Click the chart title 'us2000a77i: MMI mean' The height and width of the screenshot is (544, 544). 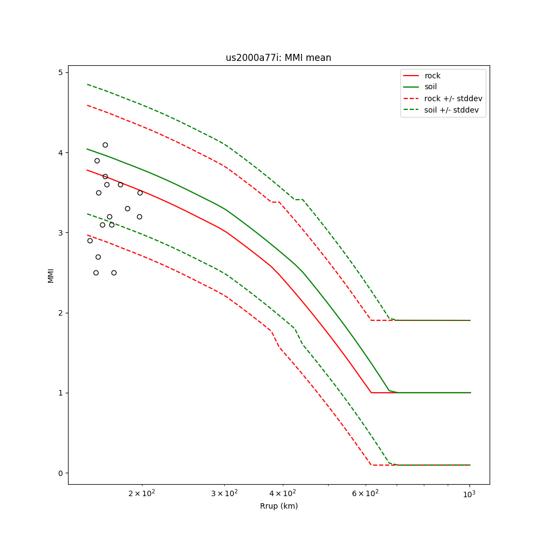(x=279, y=58)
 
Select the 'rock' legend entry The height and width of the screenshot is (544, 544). (x=432, y=76)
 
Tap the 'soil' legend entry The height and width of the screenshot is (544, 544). (x=431, y=86)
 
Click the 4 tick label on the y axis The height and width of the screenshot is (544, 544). (x=61, y=153)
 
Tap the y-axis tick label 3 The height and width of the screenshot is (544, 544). (x=61, y=233)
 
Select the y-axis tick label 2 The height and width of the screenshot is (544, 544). (x=61, y=313)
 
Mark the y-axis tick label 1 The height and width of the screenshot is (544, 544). (x=61, y=393)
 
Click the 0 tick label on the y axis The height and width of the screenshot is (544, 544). (x=61, y=473)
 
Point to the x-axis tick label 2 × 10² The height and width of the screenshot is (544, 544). (x=142, y=493)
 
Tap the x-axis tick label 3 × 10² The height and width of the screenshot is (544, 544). (x=224, y=493)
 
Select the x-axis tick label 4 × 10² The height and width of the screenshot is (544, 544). (x=283, y=493)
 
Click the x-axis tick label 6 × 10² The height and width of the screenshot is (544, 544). (x=365, y=493)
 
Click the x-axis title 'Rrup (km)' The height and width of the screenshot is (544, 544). (x=279, y=506)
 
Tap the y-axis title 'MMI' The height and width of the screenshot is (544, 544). (x=51, y=275)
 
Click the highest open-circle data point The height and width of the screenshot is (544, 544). (x=105, y=145)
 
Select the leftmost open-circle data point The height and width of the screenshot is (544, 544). (x=90, y=240)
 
